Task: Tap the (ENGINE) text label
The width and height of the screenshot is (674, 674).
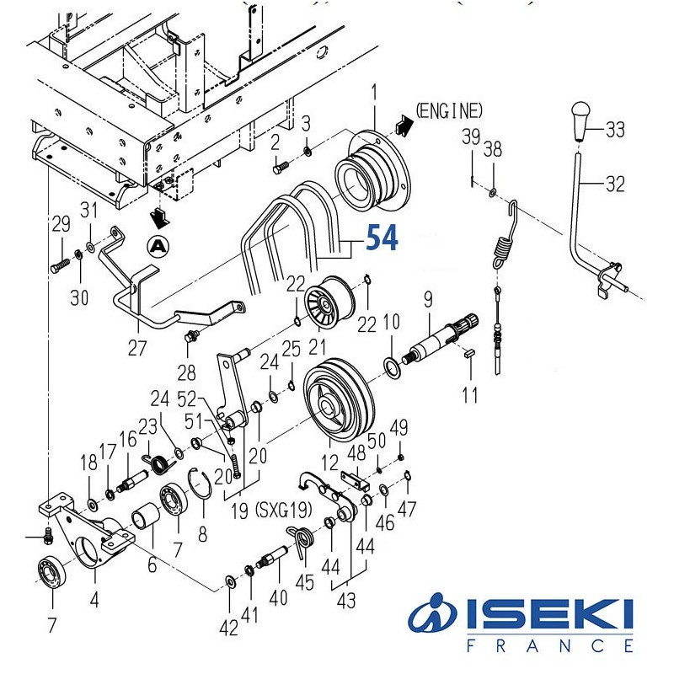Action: click(450, 110)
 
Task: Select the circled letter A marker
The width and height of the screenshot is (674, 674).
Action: click(158, 246)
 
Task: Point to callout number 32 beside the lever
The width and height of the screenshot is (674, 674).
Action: click(615, 184)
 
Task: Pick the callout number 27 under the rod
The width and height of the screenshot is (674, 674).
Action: click(136, 347)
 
